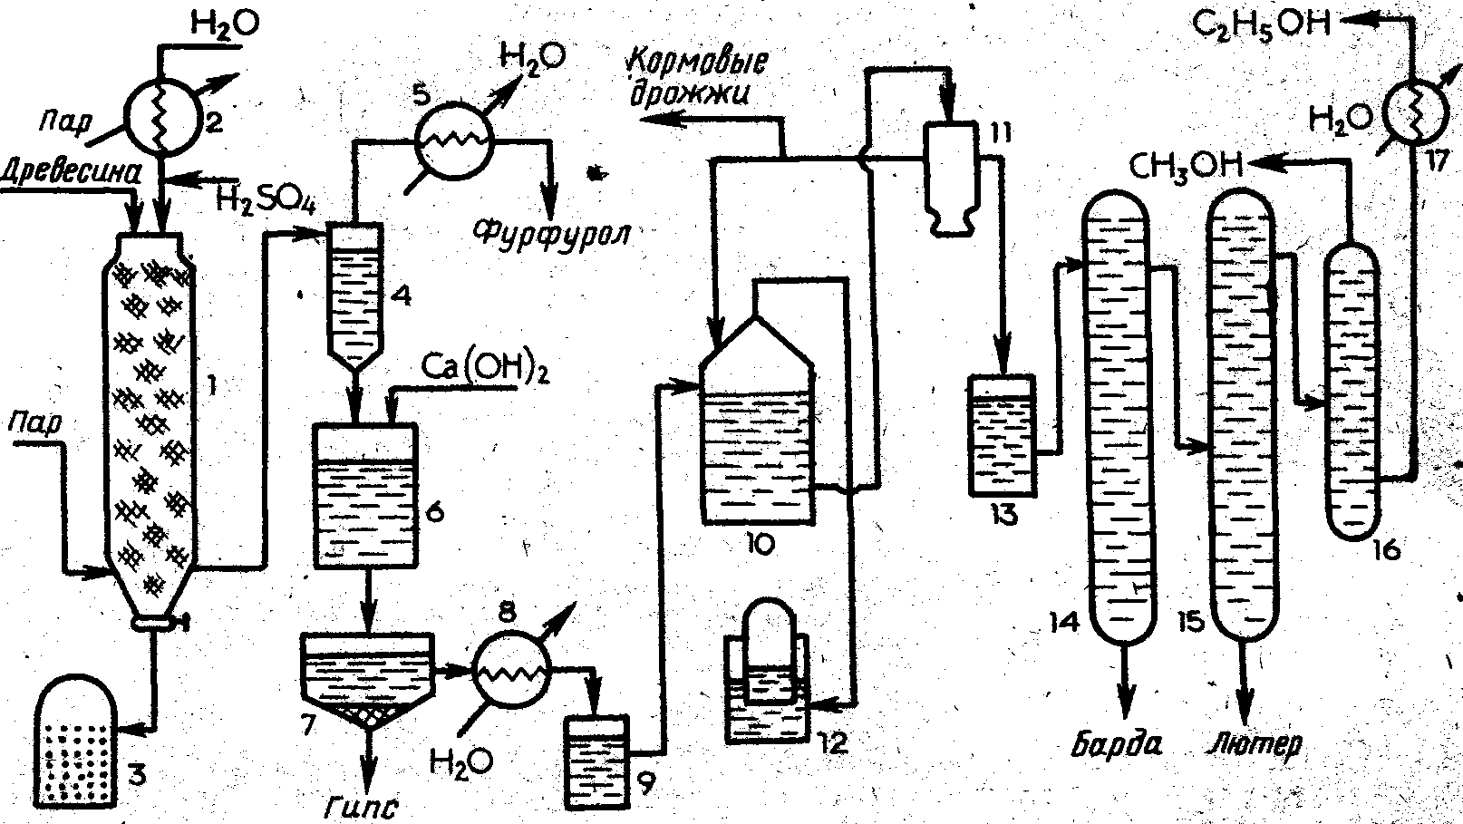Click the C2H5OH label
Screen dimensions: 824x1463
tap(1261, 24)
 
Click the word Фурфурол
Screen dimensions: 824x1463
tap(553, 233)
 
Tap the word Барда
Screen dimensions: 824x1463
tap(1118, 743)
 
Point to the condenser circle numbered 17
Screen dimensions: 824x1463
tap(1412, 116)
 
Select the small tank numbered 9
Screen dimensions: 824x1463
tap(596, 760)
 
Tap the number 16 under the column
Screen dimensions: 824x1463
tap(1386, 549)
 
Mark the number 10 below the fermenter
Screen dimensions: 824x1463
tap(758, 543)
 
